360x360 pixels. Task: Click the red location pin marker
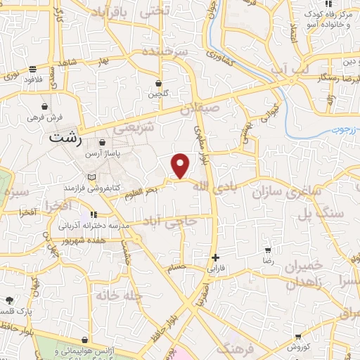click(181, 165)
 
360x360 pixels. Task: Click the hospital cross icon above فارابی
click(215, 257)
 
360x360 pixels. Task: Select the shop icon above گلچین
click(158, 83)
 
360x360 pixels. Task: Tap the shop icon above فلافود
click(33, 69)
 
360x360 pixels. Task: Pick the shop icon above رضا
click(267, 250)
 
